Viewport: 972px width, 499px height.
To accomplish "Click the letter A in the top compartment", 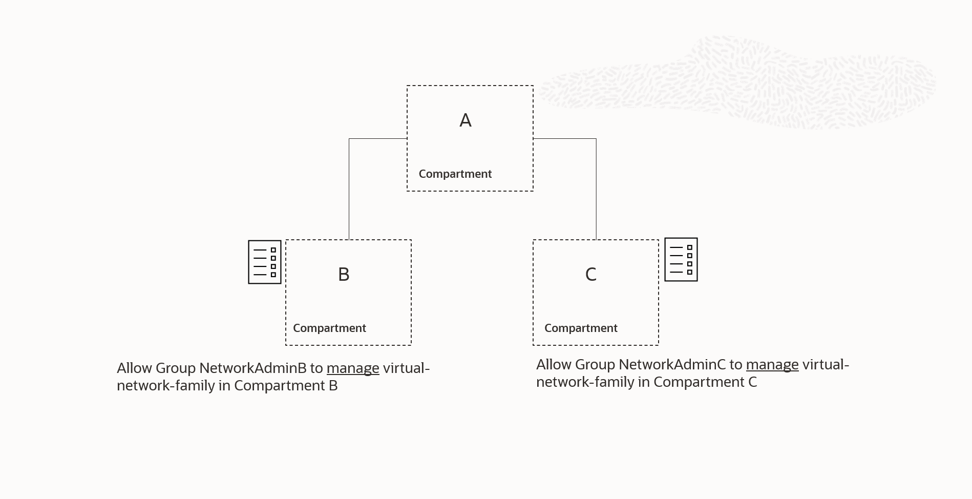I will (x=465, y=120).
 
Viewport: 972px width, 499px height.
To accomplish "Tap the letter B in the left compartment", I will (x=344, y=275).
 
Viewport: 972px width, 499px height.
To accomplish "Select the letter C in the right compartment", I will (x=590, y=275).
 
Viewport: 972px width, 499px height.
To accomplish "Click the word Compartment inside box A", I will (x=455, y=174).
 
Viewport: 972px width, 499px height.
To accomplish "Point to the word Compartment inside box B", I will (x=329, y=328).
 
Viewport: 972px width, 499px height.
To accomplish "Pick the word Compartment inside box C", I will (x=581, y=328).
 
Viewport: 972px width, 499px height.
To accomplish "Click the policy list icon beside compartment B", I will (x=265, y=262).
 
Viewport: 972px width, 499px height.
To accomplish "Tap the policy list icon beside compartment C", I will (x=681, y=259).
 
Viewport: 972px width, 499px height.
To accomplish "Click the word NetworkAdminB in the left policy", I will (x=252, y=368).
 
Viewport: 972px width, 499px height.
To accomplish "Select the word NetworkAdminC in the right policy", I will (x=672, y=365).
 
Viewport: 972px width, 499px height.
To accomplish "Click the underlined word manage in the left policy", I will (x=353, y=368).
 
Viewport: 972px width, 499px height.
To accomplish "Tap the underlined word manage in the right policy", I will (x=772, y=365).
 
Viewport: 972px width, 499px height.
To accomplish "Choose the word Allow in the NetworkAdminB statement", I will (x=134, y=368).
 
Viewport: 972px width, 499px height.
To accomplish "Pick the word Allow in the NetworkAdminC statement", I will (x=554, y=365).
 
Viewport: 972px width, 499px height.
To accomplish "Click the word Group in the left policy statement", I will (x=176, y=368).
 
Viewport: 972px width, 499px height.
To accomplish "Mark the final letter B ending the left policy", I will (x=333, y=386).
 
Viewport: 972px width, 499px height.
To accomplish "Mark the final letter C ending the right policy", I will (x=752, y=382).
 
